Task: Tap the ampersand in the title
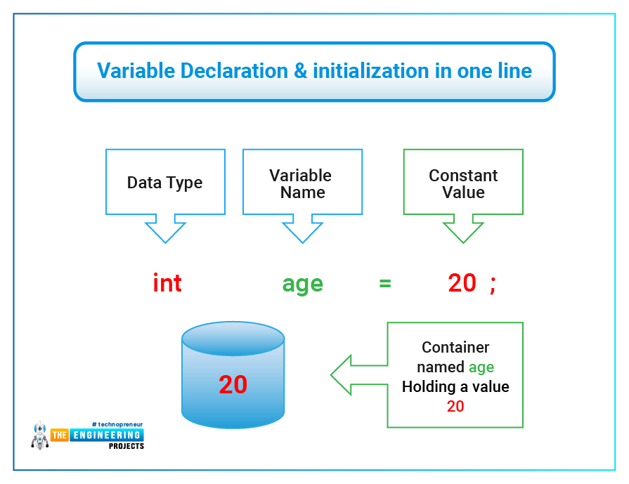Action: coord(302,71)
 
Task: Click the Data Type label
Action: coord(164,183)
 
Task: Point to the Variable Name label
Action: coord(302,184)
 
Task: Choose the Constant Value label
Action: coord(463,184)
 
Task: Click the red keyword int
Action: coord(167,283)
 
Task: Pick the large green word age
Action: coord(302,284)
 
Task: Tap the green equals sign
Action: coord(384,284)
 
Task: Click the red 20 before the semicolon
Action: coord(462,283)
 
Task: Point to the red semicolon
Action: coord(493,284)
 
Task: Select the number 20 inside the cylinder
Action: coord(233,384)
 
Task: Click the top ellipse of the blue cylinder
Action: coord(233,339)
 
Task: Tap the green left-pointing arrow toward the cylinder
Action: coord(355,374)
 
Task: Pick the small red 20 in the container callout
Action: coord(455,406)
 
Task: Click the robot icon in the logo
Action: coord(39,436)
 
